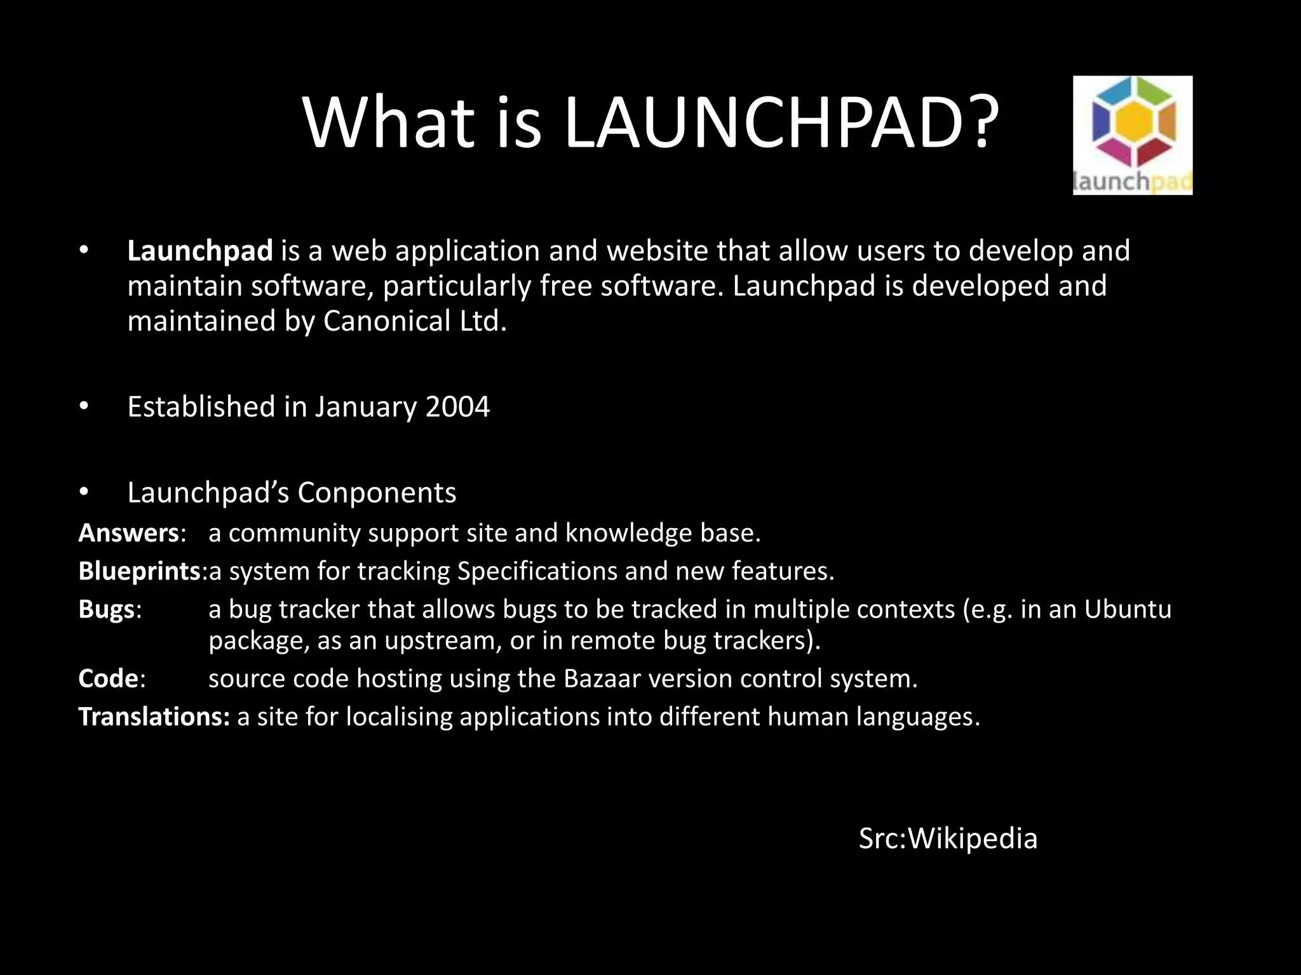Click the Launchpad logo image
pyautogui.click(x=1132, y=135)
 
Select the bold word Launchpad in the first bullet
pyautogui.click(x=199, y=251)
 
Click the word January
pyautogui.click(x=366, y=407)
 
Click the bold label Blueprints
pyautogui.click(x=140, y=571)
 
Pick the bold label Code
pyautogui.click(x=108, y=679)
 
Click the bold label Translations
pyautogui.click(x=153, y=717)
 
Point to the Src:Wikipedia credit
pyautogui.click(x=948, y=839)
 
